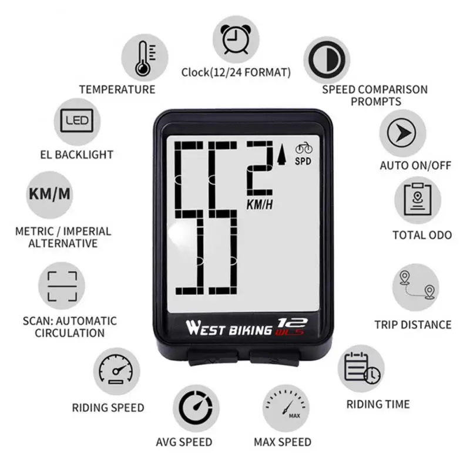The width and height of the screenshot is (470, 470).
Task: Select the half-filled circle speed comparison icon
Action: point(327,60)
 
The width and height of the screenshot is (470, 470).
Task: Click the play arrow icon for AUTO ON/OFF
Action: point(403,133)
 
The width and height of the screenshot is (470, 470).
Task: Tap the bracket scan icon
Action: point(62,286)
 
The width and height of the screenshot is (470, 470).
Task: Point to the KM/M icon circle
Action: point(53,194)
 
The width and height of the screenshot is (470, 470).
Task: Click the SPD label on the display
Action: point(303,160)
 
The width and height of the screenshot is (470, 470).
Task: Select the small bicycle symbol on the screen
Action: point(304,148)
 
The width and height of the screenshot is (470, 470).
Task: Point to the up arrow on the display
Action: point(281,154)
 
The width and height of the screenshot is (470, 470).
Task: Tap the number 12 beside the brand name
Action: point(287,323)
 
